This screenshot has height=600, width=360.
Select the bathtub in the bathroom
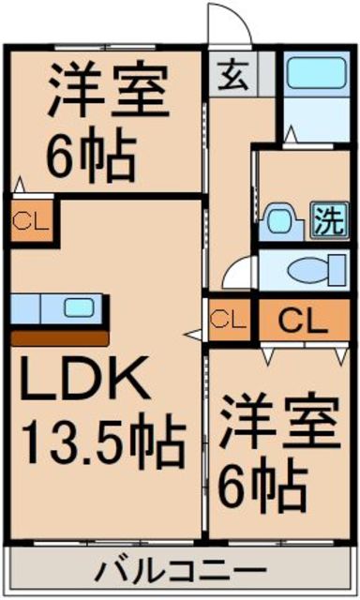click(316, 72)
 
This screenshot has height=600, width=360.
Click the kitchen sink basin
click(79, 307)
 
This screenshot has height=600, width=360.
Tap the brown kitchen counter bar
click(60, 338)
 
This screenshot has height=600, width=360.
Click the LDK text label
click(84, 379)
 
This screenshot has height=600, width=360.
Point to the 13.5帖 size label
click(103, 442)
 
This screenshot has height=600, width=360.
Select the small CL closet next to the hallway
click(230, 320)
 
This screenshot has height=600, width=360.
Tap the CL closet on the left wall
click(31, 220)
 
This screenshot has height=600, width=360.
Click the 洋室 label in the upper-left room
click(108, 89)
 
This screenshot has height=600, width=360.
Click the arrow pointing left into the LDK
click(193, 335)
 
